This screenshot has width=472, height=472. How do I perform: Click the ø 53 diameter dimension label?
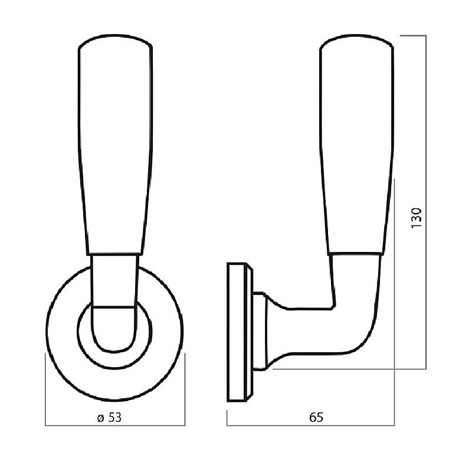pos(109,417)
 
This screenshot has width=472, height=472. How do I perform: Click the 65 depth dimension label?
pos(316,417)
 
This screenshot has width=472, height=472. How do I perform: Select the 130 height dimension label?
pos(417,218)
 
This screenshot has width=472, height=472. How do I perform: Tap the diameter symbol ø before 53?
pos(100,418)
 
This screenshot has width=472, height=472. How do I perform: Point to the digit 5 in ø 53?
pos(112,417)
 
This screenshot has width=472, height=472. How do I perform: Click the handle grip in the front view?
pos(115,145)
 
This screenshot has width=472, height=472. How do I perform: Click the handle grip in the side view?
pos(356,145)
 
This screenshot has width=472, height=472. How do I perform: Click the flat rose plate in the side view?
pos(238,332)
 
